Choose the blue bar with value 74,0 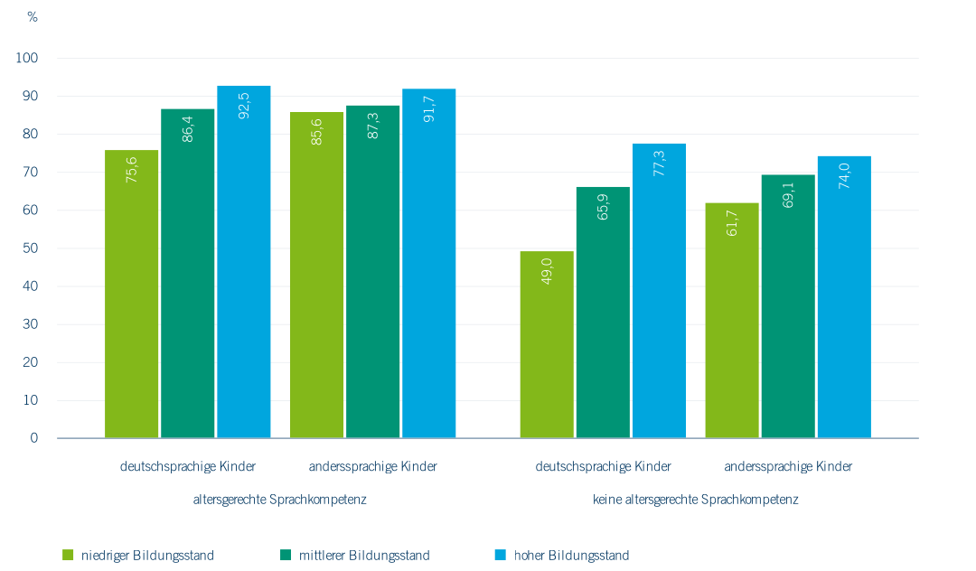tap(844, 297)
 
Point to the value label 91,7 tap(429, 108)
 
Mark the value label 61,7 tap(732, 222)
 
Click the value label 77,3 tap(660, 163)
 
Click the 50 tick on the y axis tap(32, 248)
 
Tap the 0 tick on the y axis tap(34, 438)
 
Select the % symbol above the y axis tap(33, 17)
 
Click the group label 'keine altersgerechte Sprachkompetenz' tap(695, 499)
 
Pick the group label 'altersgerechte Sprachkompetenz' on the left tap(280, 499)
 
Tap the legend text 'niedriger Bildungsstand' tap(148, 555)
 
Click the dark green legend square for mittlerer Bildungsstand tap(286, 554)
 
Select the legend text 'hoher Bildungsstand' tap(571, 555)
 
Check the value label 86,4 tap(188, 128)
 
